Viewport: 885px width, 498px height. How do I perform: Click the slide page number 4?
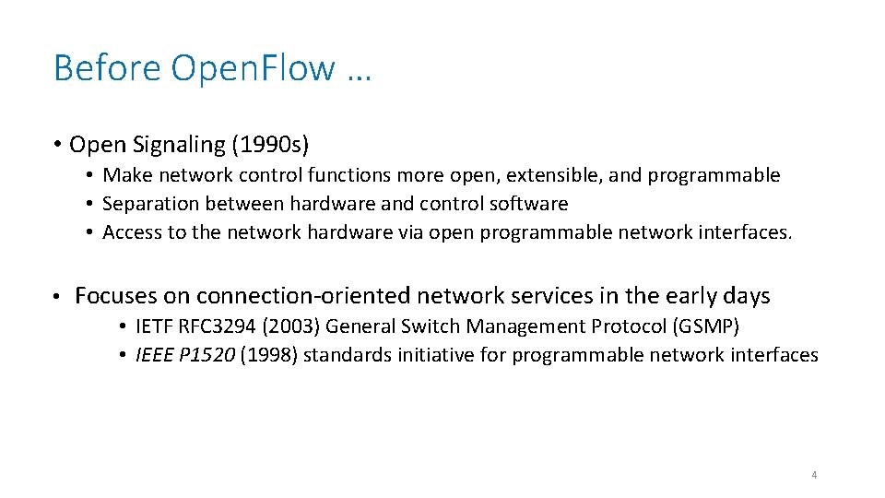[x=814, y=475]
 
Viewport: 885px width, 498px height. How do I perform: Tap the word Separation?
[x=146, y=204]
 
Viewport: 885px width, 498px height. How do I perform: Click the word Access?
[x=131, y=232]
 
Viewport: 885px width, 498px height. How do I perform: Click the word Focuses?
[x=115, y=296]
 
